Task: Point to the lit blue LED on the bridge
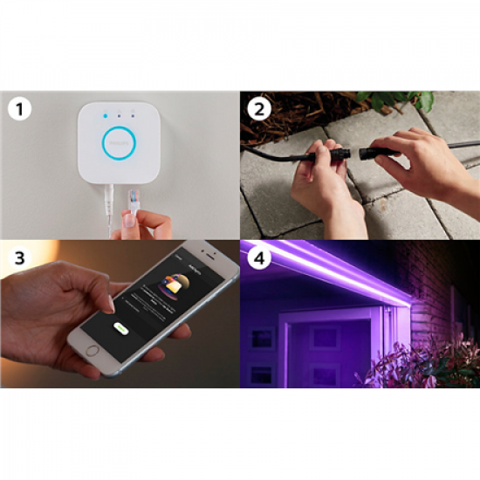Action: pyautogui.click(x=103, y=113)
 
